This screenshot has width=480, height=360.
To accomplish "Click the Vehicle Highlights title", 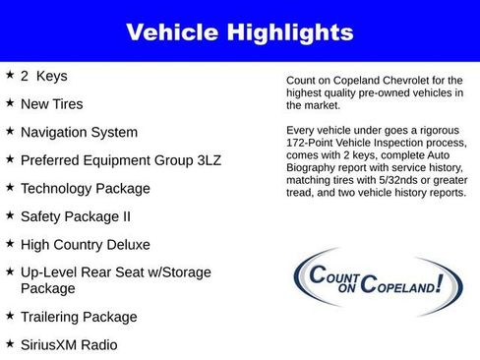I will [x=239, y=32].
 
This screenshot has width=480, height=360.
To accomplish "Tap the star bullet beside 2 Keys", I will [x=10, y=75].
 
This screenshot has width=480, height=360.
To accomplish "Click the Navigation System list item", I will [x=80, y=132].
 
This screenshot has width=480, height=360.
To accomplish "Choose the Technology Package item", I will [x=86, y=188].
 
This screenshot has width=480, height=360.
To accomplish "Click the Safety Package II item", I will [x=76, y=215].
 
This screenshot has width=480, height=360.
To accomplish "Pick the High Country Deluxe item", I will [x=86, y=244].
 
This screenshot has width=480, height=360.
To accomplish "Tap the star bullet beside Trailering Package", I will [x=10, y=316].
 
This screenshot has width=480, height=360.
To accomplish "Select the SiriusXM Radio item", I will [x=69, y=345].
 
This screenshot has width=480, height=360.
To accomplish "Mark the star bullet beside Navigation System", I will [x=10, y=131].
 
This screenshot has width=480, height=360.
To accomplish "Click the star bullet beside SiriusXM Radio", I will [x=10, y=344].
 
